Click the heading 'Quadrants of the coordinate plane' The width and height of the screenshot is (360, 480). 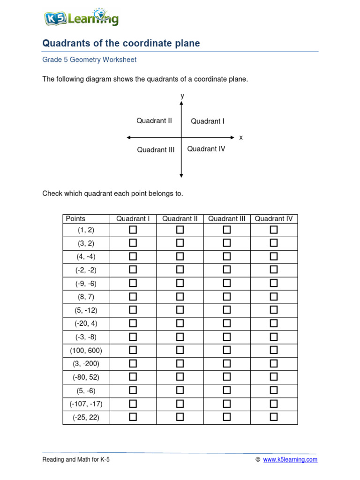click(x=121, y=44)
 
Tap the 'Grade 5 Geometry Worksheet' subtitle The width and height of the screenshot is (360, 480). click(x=90, y=60)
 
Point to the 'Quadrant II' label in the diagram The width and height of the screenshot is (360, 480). click(x=154, y=121)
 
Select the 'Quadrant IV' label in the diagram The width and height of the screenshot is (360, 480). click(x=206, y=149)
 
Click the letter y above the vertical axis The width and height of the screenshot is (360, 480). click(x=182, y=96)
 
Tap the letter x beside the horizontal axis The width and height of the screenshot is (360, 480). click(x=241, y=138)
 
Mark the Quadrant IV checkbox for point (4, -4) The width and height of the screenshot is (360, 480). click(x=274, y=256)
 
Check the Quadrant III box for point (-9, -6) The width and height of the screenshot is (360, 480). click(x=227, y=283)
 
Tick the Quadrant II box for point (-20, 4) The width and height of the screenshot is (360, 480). click(x=180, y=323)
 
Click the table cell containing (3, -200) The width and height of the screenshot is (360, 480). click(x=86, y=364)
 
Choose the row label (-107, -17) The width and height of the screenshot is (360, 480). click(x=86, y=404)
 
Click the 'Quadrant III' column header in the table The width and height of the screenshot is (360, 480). click(x=227, y=218)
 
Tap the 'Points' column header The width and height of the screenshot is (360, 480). click(x=76, y=218)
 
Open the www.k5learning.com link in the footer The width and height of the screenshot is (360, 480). click(x=290, y=460)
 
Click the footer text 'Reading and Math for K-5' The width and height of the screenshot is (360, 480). click(x=76, y=460)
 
